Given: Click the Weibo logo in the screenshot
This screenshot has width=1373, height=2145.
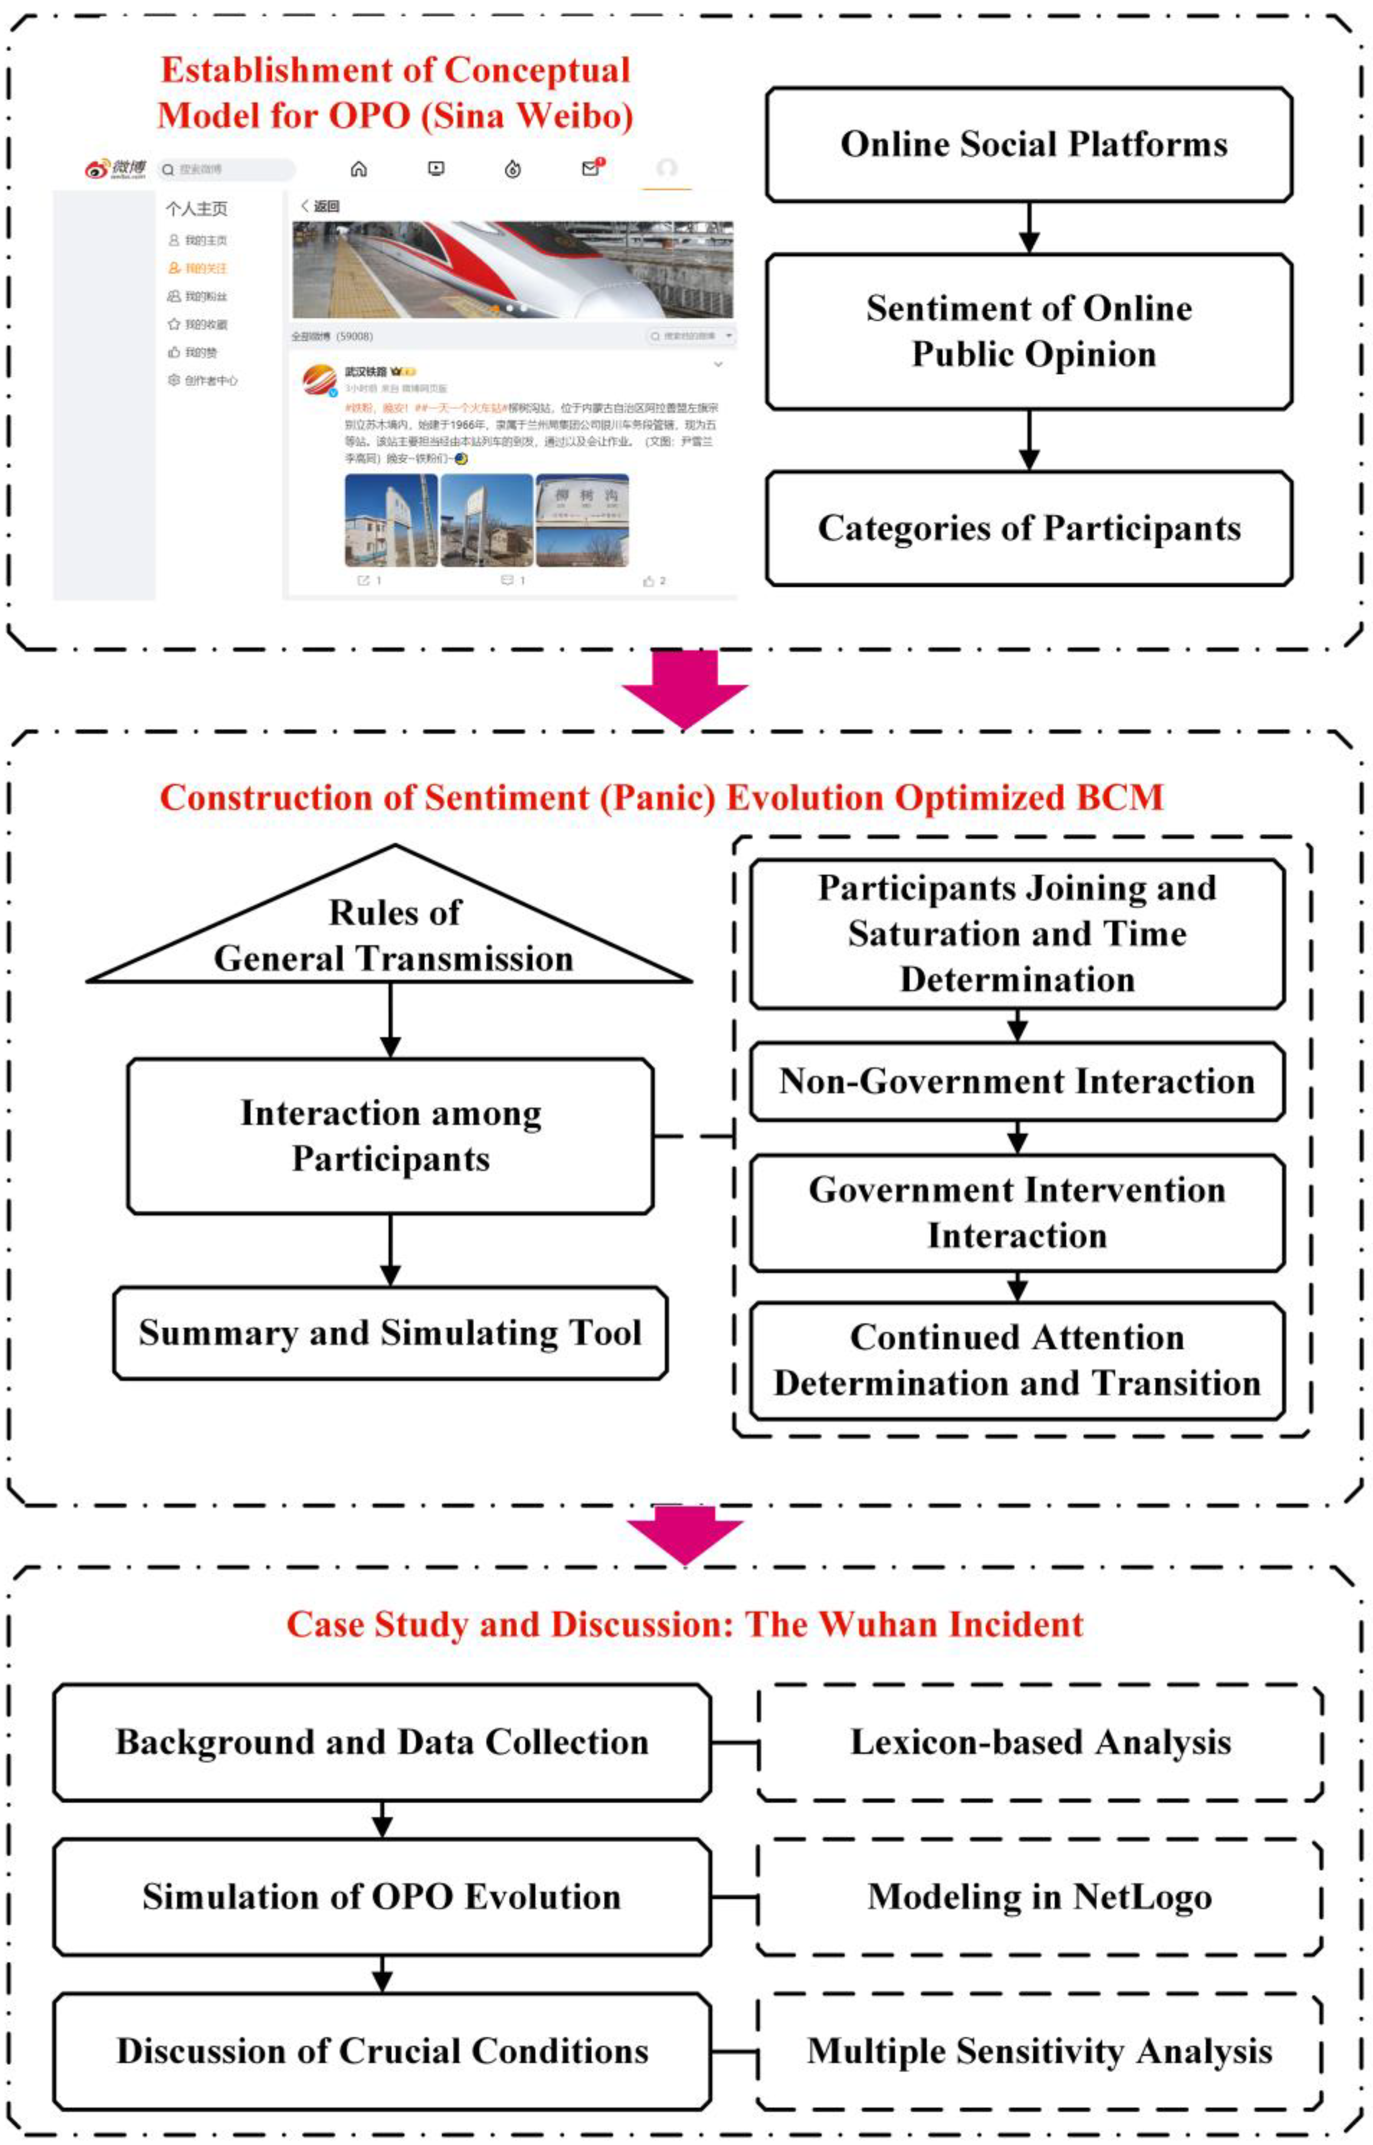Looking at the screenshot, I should point(114,169).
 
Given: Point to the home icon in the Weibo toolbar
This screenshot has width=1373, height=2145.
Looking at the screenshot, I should point(358,169).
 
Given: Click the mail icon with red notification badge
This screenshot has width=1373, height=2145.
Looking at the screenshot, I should point(591,168).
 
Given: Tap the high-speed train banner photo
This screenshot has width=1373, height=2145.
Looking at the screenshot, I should point(513,269).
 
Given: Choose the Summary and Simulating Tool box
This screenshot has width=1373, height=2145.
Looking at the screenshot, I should point(391,1333).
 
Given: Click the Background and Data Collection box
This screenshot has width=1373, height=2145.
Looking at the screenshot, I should point(381,1742).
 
